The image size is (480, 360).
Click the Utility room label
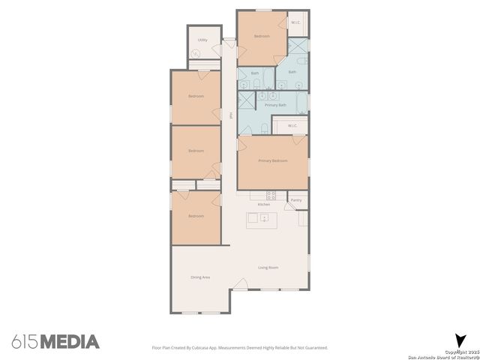pos(202,40)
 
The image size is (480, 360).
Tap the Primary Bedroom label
pos(273,160)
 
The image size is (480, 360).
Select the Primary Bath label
pos(276,105)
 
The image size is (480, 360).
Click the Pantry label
pos(296,200)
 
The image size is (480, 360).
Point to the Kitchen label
pos(264,205)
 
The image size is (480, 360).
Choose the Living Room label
pos(268,268)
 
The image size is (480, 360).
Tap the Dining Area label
pos(200,277)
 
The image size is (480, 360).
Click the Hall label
pos(229,115)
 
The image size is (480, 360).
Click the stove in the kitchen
pos(271,195)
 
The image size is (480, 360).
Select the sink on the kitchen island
pos(264,218)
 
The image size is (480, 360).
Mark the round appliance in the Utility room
pos(196,54)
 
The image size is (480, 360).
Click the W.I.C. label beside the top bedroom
pos(296,22)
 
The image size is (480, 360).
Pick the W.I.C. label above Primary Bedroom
pos(292,125)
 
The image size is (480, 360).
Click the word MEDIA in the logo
pos(70,342)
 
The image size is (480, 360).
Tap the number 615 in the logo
pos(25,342)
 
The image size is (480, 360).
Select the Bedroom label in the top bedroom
pos(261,37)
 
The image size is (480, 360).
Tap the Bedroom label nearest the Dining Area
pos(196,216)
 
